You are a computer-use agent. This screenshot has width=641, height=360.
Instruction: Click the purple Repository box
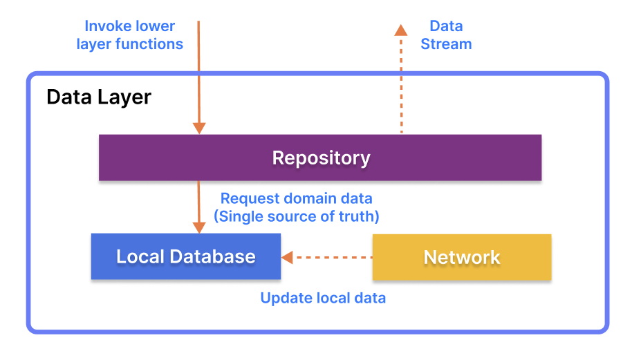click(x=319, y=158)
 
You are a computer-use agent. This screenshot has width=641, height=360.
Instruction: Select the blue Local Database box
click(x=185, y=256)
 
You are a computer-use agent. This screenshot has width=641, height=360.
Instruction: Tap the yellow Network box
click(x=461, y=257)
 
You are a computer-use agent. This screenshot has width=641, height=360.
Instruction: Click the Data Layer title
click(x=98, y=97)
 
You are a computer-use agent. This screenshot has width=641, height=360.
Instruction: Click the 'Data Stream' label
click(x=446, y=35)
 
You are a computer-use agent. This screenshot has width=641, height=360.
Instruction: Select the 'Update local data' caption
click(x=322, y=299)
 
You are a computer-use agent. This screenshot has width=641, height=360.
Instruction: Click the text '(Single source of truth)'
click(x=296, y=216)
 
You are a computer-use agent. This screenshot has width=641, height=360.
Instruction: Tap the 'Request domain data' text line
click(x=296, y=198)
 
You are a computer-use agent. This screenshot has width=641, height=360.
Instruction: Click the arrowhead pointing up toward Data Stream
click(x=400, y=29)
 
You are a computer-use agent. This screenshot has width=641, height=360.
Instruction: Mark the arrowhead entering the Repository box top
click(x=199, y=128)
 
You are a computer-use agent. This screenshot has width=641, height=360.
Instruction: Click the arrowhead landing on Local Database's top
click(x=199, y=227)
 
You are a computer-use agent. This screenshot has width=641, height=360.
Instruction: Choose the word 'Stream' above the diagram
click(x=446, y=44)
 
